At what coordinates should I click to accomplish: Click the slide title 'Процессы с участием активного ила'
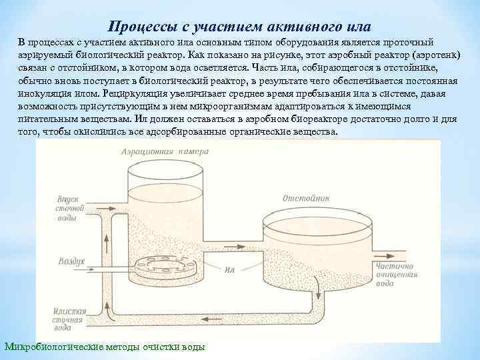coord(239,27)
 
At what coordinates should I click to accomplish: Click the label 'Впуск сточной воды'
coord(71,210)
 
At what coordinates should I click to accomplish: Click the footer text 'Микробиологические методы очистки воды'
coord(105,347)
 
